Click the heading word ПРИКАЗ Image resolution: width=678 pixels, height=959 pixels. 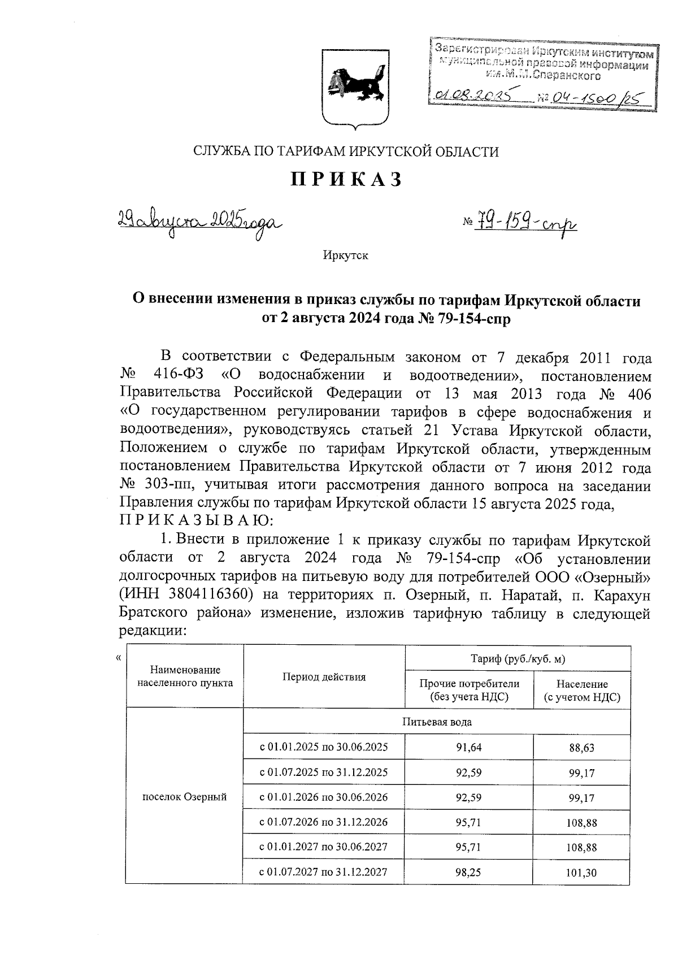[346, 180]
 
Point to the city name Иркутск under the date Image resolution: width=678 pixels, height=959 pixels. [345, 255]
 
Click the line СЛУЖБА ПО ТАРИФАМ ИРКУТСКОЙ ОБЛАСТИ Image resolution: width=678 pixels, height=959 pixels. [346, 151]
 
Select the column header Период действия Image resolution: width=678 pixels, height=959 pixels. [324, 677]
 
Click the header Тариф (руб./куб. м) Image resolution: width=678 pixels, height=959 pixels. [518, 659]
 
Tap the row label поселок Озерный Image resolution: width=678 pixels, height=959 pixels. [184, 797]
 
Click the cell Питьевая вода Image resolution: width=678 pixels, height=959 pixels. [437, 722]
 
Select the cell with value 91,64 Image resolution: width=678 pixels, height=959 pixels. [469, 747]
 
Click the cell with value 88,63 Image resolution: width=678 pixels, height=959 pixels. [581, 748]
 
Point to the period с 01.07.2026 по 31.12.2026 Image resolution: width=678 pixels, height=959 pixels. [324, 822]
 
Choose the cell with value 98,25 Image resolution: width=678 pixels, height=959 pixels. [469, 872]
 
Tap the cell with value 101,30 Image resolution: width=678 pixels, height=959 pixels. [581, 873]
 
